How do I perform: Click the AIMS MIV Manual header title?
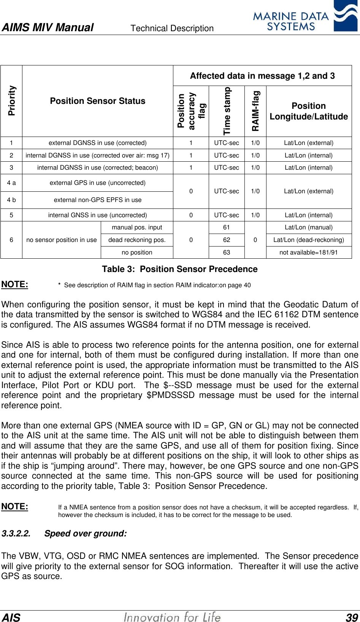pyautogui.click(x=48, y=27)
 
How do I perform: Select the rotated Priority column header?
pyautogui.click(x=12, y=100)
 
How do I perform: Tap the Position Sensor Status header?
pyautogui.click(x=98, y=101)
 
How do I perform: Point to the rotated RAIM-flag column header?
pyautogui.click(x=255, y=111)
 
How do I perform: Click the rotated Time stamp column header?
pyautogui.click(x=227, y=111)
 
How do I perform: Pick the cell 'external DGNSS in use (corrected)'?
pyautogui.click(x=98, y=143)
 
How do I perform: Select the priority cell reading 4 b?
pyautogui.click(x=11, y=200)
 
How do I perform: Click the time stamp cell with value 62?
pyautogui.click(x=227, y=240)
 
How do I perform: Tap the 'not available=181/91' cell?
pyautogui.click(x=309, y=253)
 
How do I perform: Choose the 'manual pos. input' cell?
pyautogui.click(x=137, y=227)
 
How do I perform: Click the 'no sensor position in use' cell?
pyautogui.click(x=62, y=240)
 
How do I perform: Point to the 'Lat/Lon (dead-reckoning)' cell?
pyautogui.click(x=309, y=240)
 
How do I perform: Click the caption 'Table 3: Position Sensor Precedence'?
pyautogui.click(x=179, y=269)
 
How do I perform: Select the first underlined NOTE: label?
pyautogui.click(x=15, y=285)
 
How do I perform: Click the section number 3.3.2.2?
pyautogui.click(x=16, y=534)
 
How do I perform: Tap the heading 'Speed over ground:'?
pyautogui.click(x=86, y=534)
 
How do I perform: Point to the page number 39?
pyautogui.click(x=352, y=617)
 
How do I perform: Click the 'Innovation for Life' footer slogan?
pyautogui.click(x=172, y=617)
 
